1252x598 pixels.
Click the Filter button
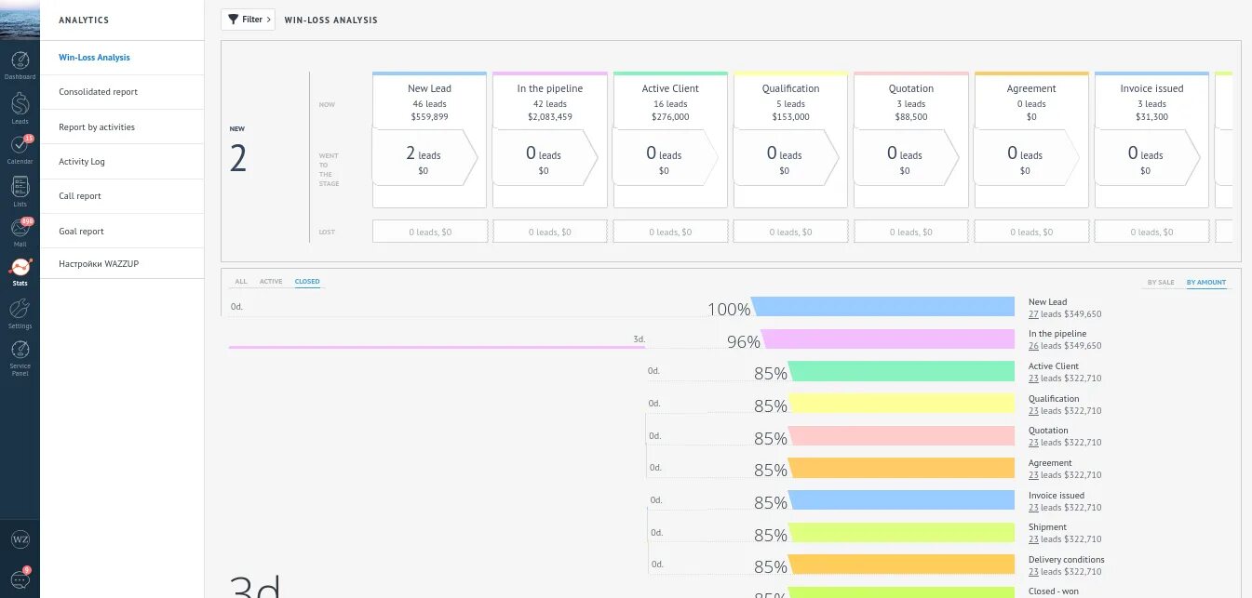click(x=248, y=20)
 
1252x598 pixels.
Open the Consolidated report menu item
click(x=98, y=92)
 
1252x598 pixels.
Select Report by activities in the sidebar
click(x=97, y=127)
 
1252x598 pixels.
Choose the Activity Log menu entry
click(x=82, y=162)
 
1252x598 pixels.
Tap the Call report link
click(x=80, y=196)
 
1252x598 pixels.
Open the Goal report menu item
click(x=81, y=232)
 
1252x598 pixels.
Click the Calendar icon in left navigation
click(x=20, y=146)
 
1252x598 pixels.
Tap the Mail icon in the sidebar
click(x=20, y=228)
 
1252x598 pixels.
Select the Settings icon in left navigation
click(x=20, y=310)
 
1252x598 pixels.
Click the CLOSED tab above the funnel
click(x=307, y=282)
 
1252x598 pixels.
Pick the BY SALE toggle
click(x=1160, y=283)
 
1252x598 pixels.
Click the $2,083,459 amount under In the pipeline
click(x=550, y=117)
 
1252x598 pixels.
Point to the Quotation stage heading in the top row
click(x=910, y=89)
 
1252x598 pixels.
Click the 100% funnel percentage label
click(x=729, y=310)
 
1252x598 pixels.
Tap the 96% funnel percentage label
click(x=743, y=342)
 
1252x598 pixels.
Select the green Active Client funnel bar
click(x=901, y=371)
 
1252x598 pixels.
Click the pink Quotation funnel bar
click(x=901, y=435)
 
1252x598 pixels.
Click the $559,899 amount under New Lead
click(x=429, y=117)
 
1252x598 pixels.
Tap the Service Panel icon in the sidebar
click(x=20, y=352)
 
